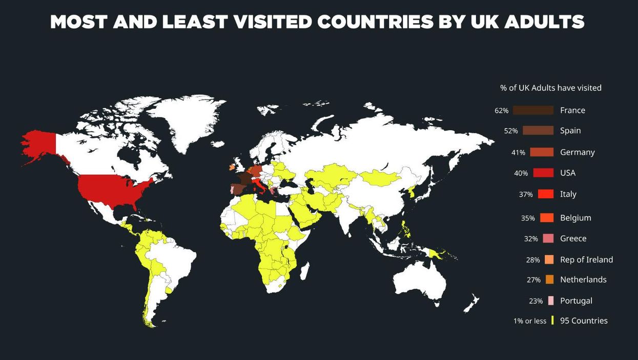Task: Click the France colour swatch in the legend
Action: point(533,110)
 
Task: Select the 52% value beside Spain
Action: point(511,131)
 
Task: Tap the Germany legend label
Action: point(577,152)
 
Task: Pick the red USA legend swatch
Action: point(543,173)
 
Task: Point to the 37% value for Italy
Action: point(526,194)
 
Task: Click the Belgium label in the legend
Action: point(575,218)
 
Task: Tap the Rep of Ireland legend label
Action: point(586,259)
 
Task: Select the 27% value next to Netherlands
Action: point(533,280)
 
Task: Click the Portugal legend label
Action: point(576,301)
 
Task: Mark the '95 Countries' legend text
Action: point(584,321)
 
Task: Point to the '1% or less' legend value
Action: point(530,321)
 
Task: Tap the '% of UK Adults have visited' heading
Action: point(551,88)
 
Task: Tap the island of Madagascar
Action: point(304,270)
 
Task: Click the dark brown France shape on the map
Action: point(244,178)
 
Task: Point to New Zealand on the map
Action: point(470,304)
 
